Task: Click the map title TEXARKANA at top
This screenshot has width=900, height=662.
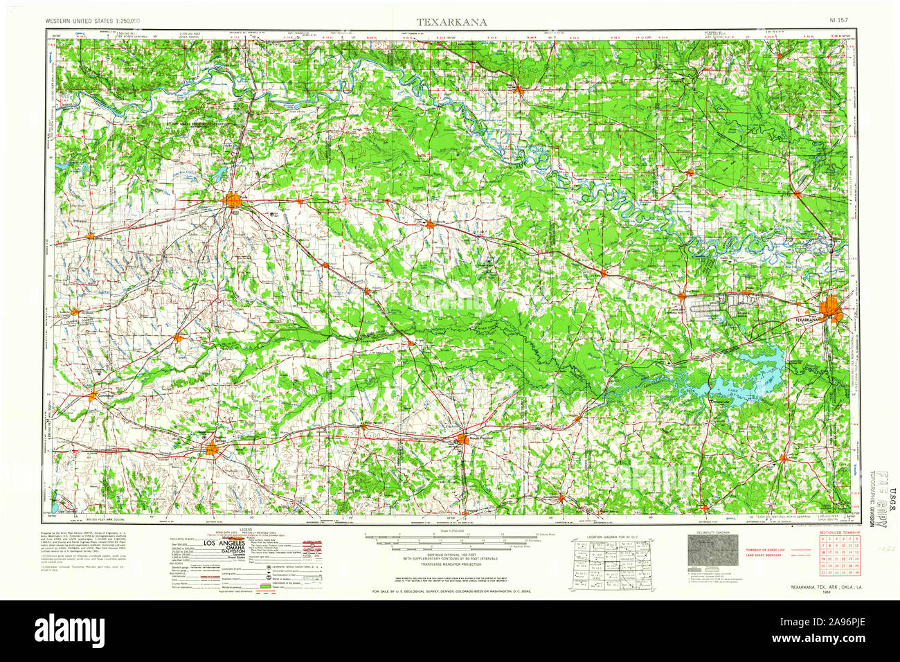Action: coord(451,21)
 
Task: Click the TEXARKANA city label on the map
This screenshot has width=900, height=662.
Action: coord(806,320)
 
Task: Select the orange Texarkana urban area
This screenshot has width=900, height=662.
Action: coord(829,309)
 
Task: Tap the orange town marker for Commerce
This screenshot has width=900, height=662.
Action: coord(93,396)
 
